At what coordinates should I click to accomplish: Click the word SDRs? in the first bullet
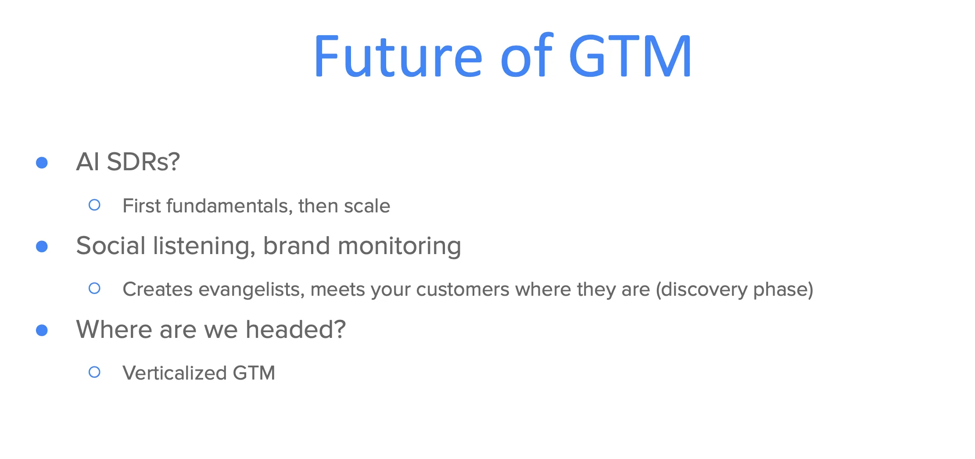(143, 162)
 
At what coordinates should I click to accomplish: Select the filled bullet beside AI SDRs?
(42, 163)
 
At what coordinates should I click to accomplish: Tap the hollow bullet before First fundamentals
(94, 205)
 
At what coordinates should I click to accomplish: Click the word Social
(111, 245)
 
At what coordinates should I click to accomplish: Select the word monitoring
(399, 246)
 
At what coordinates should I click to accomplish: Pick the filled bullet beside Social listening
(42, 247)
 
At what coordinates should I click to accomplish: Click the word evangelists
(251, 290)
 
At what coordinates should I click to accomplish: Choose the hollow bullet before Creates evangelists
(94, 288)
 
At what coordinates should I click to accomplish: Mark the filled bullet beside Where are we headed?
(42, 330)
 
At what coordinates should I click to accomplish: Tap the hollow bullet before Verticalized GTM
(94, 372)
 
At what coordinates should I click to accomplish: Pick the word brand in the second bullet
(296, 245)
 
